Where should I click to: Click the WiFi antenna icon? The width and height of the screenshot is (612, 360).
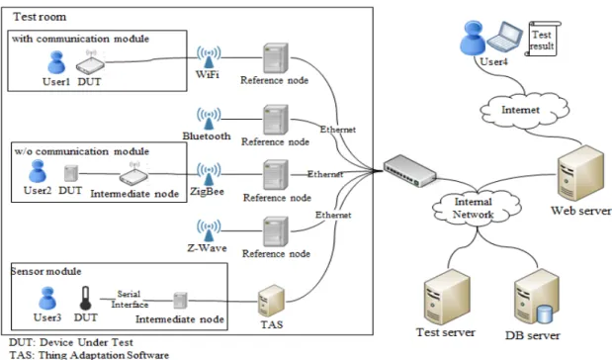click(x=209, y=57)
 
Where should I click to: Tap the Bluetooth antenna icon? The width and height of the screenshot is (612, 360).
click(x=209, y=119)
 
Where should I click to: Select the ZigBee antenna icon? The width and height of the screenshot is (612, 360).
click(x=209, y=174)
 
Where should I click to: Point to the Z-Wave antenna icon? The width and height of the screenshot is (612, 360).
click(x=209, y=230)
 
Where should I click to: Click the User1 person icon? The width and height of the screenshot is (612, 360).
click(x=56, y=62)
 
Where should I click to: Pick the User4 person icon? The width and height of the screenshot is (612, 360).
click(x=473, y=38)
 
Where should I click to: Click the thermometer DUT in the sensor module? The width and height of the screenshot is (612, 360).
click(x=85, y=299)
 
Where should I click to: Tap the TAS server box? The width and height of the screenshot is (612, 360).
click(x=271, y=301)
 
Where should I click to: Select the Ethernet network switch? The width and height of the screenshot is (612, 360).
click(x=409, y=171)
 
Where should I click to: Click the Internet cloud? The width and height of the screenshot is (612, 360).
click(x=524, y=111)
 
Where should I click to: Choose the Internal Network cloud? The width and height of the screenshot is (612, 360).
click(x=476, y=209)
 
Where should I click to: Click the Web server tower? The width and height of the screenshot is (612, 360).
click(x=580, y=173)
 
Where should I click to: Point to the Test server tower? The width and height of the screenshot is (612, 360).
click(x=447, y=297)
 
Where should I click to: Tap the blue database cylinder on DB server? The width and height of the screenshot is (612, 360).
click(x=545, y=315)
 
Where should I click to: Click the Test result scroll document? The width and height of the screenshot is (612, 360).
click(x=543, y=39)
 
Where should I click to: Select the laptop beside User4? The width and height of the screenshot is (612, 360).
click(x=504, y=37)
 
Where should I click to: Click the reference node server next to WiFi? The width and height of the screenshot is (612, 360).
click(x=276, y=58)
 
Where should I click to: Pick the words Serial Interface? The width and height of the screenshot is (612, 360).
click(x=130, y=300)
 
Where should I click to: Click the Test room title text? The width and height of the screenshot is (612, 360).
click(x=40, y=17)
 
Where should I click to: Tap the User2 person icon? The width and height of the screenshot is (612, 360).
click(x=38, y=171)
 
